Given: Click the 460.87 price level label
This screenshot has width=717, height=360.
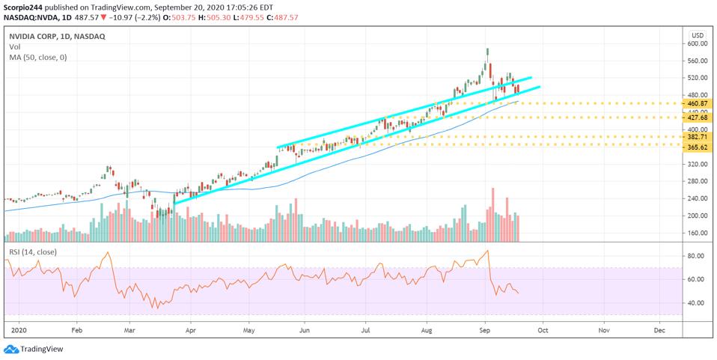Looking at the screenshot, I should click(x=698, y=103).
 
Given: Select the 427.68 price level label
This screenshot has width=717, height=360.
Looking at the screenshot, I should click(x=698, y=118).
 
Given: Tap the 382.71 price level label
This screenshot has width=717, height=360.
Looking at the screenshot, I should click(x=698, y=137).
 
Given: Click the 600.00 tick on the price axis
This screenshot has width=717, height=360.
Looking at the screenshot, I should click(x=698, y=43).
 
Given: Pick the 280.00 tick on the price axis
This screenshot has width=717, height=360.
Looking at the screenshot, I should click(x=698, y=181).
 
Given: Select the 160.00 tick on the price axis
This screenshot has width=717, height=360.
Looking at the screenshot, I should click(x=698, y=233).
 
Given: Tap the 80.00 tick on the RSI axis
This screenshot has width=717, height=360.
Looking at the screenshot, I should click(x=695, y=256).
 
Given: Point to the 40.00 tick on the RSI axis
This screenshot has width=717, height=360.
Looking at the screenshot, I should click(x=695, y=302).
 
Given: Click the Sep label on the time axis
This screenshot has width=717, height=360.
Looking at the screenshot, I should click(x=484, y=329).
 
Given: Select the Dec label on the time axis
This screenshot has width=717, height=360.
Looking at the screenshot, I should click(x=659, y=329).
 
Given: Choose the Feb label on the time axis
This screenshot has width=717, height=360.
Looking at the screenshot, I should click(x=76, y=329).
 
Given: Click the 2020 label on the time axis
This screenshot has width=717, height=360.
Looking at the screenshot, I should click(x=15, y=329).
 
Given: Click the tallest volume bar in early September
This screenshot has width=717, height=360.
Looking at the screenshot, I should click(x=492, y=215).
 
